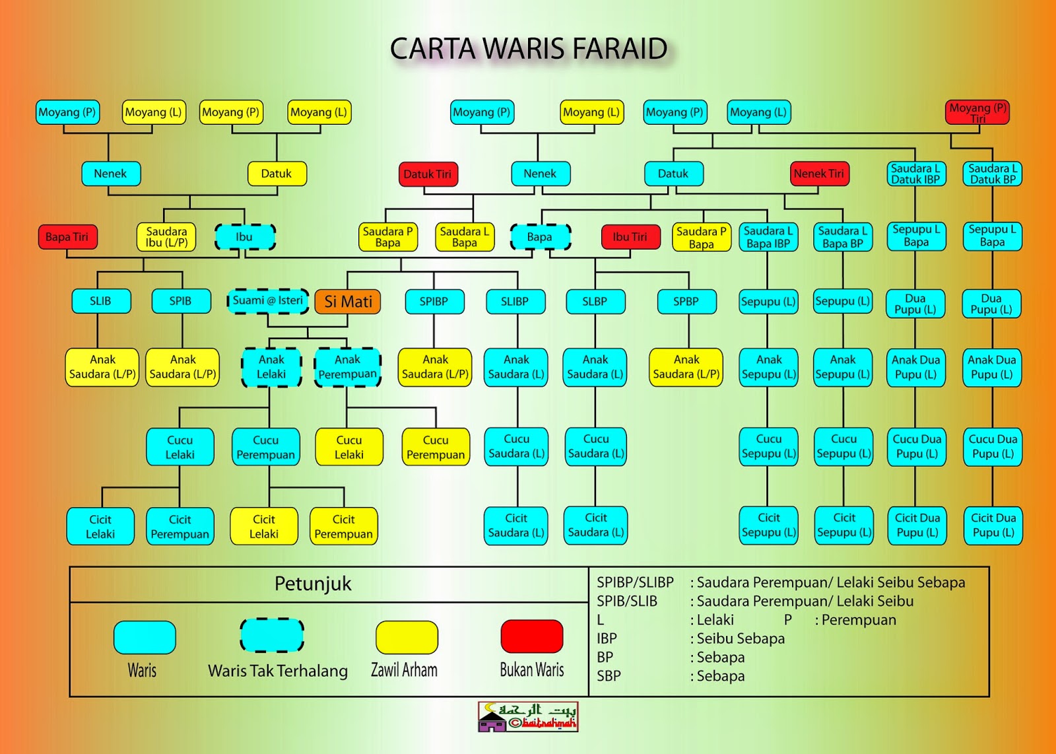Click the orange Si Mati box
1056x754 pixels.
(x=348, y=302)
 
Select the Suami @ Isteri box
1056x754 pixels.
(x=268, y=301)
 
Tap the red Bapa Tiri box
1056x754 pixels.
(x=67, y=237)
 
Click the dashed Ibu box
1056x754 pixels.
(x=245, y=237)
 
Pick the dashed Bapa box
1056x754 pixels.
(x=540, y=237)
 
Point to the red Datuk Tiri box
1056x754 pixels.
(x=428, y=174)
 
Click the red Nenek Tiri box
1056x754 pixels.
(x=819, y=174)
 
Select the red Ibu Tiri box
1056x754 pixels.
(x=630, y=237)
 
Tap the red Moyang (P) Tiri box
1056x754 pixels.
(x=977, y=112)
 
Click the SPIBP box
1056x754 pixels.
(x=434, y=302)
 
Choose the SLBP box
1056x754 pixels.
(x=595, y=302)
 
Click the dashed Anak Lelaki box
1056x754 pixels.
(x=271, y=367)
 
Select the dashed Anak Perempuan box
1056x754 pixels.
(x=348, y=367)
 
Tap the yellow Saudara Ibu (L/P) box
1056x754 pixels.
(x=166, y=237)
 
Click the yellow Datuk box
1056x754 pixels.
(x=277, y=174)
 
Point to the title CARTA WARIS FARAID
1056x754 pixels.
(x=529, y=49)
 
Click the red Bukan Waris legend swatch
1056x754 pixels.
(x=532, y=636)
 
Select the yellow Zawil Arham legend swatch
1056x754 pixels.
(x=407, y=637)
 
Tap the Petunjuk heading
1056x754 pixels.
(x=313, y=584)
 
